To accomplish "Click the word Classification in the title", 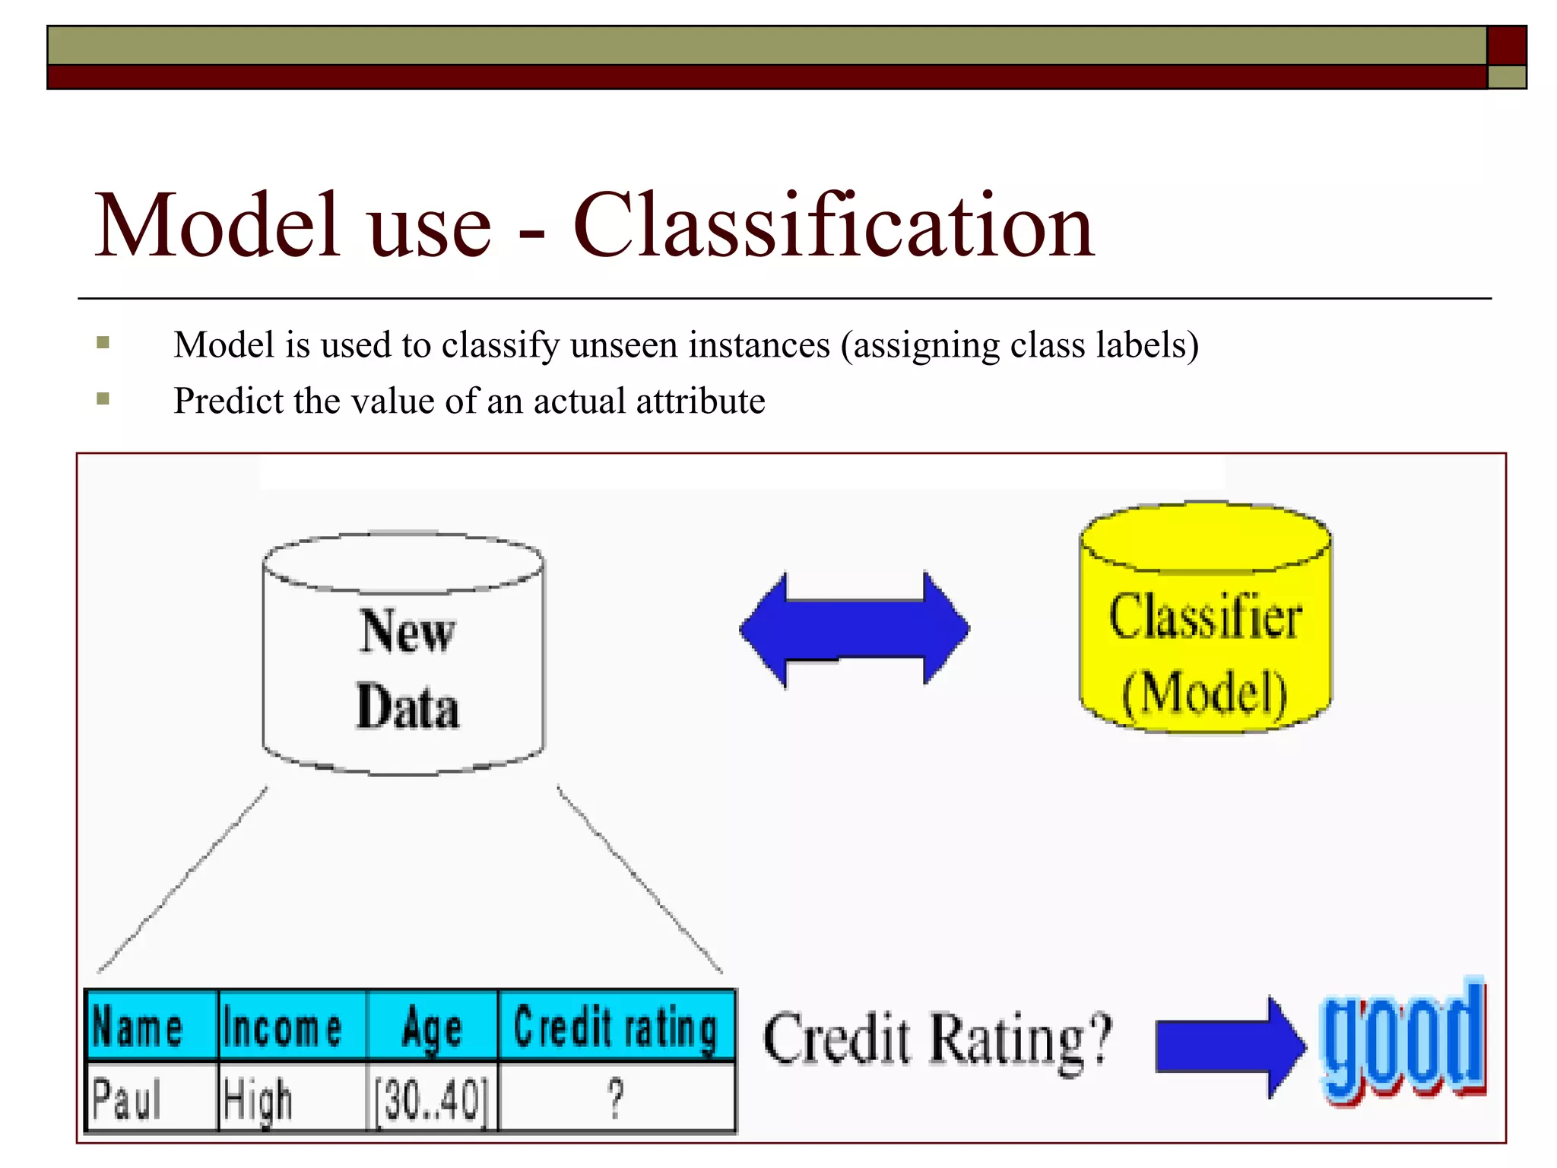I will click(x=833, y=226).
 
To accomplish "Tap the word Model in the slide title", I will click(x=216, y=226).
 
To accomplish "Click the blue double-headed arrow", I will click(x=855, y=630).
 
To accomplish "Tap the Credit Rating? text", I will click(x=937, y=1039).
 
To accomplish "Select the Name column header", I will click(x=151, y=1027).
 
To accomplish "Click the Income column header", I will click(x=292, y=1027).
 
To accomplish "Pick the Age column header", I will click(x=433, y=1027).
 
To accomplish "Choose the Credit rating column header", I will click(x=616, y=1027).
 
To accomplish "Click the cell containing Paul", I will click(x=151, y=1097).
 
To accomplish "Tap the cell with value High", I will click(x=292, y=1097).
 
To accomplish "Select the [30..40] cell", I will click(x=433, y=1097).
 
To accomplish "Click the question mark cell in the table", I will click(x=616, y=1097).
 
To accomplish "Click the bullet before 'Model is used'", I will click(x=103, y=343).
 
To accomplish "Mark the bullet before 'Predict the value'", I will click(x=103, y=399).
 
